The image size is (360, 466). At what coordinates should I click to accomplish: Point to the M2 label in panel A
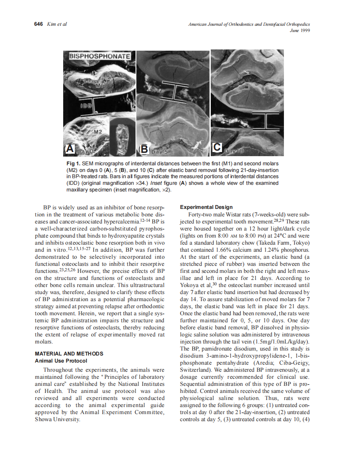(x=98, y=132)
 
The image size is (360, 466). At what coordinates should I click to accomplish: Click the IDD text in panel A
(x=86, y=106)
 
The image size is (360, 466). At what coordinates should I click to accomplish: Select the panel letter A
(x=71, y=148)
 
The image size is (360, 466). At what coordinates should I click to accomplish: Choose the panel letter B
(x=144, y=148)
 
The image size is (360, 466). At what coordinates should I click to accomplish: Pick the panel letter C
(x=218, y=147)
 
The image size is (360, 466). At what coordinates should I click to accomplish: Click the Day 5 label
(x=159, y=152)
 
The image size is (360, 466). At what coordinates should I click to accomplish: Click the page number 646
(x=38, y=24)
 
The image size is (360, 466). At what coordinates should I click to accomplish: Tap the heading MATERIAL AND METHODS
(x=69, y=353)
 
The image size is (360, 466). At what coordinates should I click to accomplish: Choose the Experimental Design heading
(x=206, y=207)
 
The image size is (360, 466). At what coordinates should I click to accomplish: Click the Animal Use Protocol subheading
(x=61, y=361)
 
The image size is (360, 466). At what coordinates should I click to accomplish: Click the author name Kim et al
(x=58, y=24)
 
